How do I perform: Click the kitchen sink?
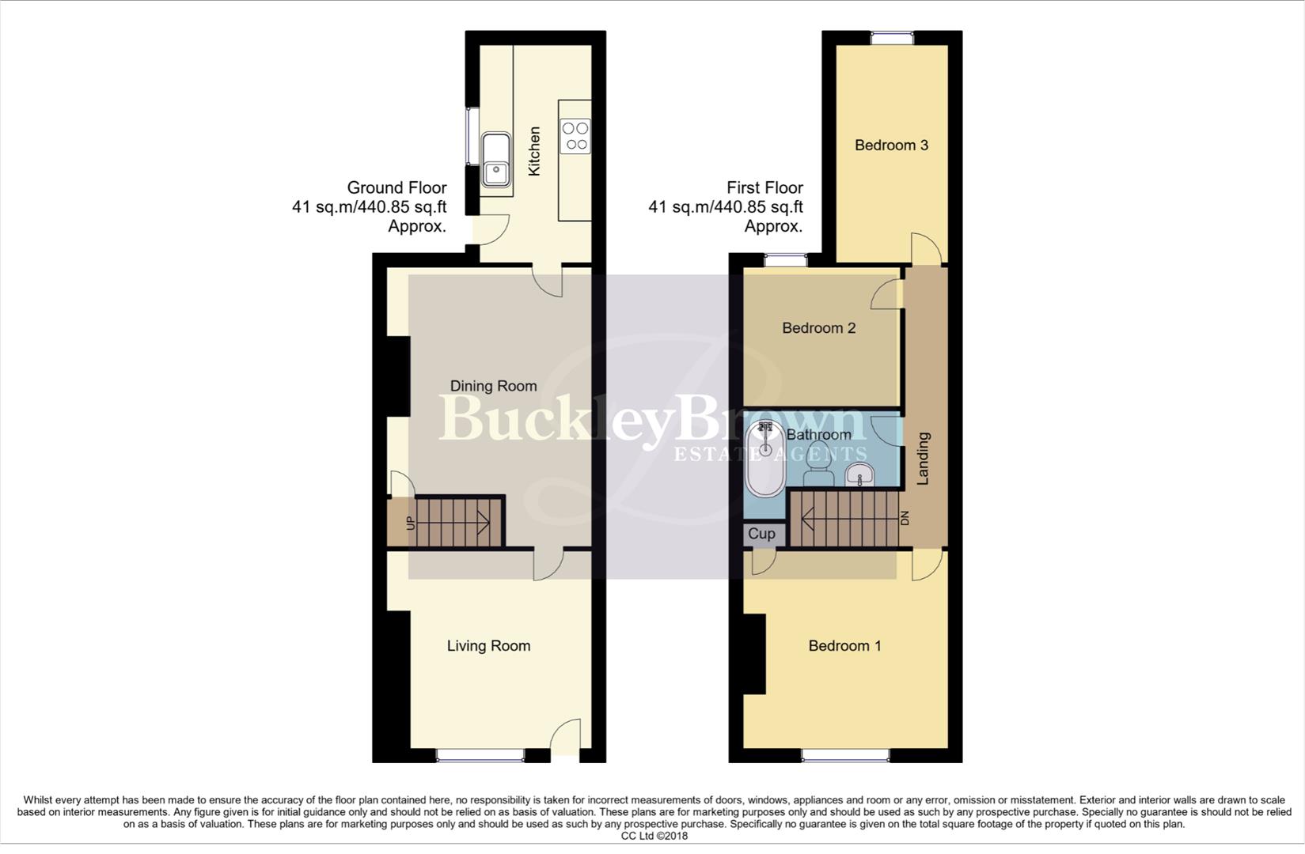click(496, 159)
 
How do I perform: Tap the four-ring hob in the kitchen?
click(575, 135)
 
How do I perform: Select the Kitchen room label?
click(535, 151)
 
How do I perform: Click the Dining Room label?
click(493, 386)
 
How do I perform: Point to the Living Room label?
click(488, 646)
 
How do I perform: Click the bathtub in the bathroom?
click(764, 459)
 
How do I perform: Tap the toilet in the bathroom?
click(818, 475)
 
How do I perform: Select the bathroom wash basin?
click(859, 474)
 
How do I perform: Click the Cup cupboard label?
click(762, 534)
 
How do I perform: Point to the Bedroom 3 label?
click(891, 145)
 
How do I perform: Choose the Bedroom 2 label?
click(818, 328)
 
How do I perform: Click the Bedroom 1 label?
click(844, 646)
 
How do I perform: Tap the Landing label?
click(923, 459)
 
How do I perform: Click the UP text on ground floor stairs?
click(410, 523)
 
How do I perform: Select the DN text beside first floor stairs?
click(905, 519)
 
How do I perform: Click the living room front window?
click(480, 756)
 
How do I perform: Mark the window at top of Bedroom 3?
click(892, 37)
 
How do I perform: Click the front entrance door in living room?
click(566, 739)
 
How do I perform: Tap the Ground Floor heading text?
click(396, 188)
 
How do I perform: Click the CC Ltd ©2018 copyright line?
click(654, 836)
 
